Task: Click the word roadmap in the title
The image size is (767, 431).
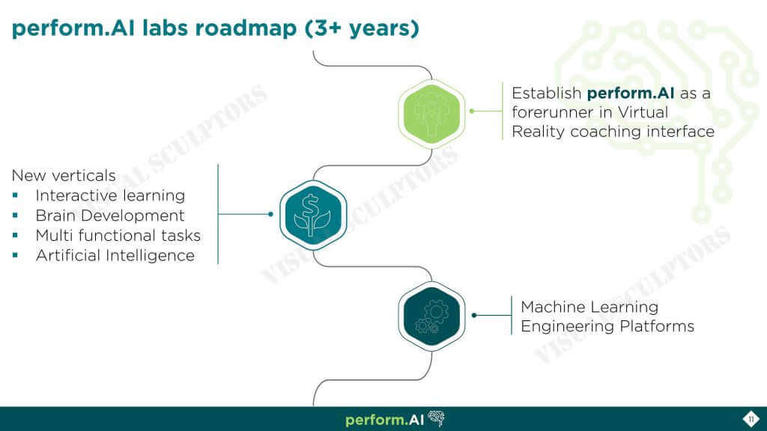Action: [x=246, y=29]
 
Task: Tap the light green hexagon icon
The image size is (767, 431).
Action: [x=431, y=114]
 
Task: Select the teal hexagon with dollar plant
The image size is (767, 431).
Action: [x=313, y=215]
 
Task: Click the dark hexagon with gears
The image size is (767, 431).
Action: [x=431, y=317]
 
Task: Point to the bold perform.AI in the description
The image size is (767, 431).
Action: [x=631, y=94]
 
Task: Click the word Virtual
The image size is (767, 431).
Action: [x=643, y=112]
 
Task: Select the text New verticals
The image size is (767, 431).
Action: [x=64, y=175]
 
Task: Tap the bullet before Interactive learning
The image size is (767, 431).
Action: [x=16, y=195]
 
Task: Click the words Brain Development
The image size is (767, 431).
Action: [x=110, y=215]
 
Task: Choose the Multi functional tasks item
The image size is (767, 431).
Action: [x=118, y=236]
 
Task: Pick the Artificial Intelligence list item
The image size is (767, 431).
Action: [x=115, y=256]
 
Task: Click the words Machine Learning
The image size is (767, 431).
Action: [x=589, y=307]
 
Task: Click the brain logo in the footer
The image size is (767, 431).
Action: [x=437, y=418]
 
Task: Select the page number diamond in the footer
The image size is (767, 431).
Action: [x=751, y=419]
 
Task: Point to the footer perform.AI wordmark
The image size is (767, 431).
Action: [x=384, y=420]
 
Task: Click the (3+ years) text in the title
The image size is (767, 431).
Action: [x=362, y=28]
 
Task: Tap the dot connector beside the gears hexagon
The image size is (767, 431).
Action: [x=474, y=315]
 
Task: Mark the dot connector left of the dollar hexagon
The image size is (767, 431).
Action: [x=270, y=214]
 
